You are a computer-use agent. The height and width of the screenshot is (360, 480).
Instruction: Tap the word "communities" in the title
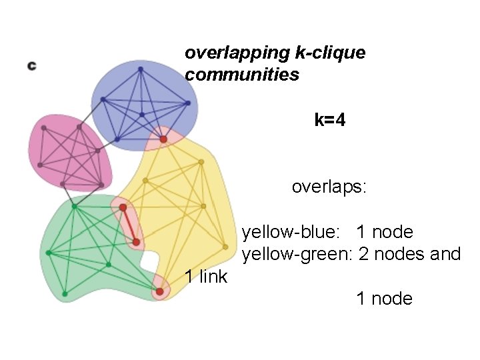coord(242,75)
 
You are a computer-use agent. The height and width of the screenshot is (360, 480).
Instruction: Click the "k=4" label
coord(330,120)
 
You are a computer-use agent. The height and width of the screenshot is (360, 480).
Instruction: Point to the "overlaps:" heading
coord(329,187)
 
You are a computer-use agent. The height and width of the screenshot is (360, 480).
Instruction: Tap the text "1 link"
coord(206,276)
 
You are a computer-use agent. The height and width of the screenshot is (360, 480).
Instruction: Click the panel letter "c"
coord(31,65)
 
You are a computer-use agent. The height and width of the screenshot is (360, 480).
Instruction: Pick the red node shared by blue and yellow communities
coord(163,139)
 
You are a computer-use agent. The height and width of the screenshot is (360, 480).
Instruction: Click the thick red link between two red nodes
coord(129,225)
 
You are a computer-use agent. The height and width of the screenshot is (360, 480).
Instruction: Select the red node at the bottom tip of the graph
coord(159,291)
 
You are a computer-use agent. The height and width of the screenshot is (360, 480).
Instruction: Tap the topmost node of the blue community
coord(141,68)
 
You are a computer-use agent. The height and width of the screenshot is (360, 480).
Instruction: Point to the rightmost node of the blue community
coord(189,103)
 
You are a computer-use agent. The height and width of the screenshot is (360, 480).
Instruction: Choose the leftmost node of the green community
coord(49,253)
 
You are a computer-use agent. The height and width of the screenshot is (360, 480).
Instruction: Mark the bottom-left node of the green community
coord(65,293)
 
